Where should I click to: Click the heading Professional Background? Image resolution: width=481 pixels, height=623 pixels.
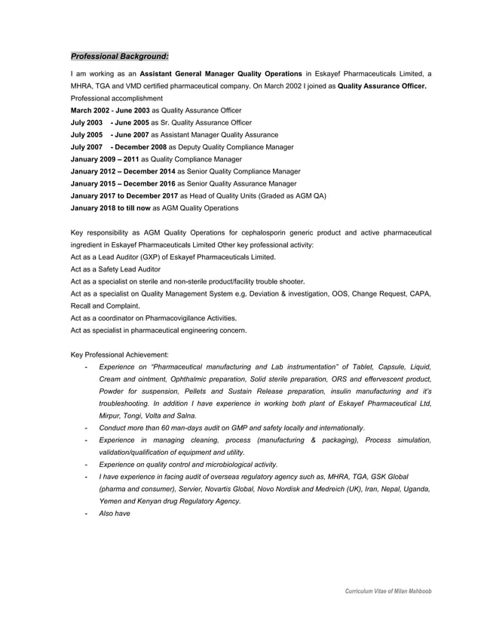119,56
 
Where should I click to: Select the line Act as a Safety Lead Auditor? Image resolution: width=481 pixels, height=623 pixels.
115,269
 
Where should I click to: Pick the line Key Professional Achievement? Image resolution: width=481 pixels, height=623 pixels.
120,354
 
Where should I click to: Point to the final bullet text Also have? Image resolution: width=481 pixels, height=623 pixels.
115,514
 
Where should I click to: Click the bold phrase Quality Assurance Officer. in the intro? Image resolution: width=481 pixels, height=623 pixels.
382,86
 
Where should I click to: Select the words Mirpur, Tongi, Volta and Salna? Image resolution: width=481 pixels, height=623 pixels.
148,416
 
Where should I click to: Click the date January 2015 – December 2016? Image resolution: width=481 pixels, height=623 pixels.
122,183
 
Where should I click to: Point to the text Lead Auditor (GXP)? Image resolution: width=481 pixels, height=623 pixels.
124,257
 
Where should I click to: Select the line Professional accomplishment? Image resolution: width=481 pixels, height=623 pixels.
116,98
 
